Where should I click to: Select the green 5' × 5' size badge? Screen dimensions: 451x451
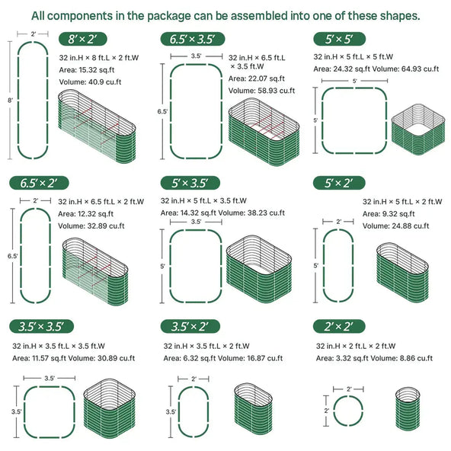tap(338, 39)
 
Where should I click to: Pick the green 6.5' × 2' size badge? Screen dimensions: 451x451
tap(39, 183)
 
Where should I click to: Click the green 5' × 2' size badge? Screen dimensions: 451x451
tap(338, 183)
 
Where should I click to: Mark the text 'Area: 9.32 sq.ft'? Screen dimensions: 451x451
tap(389, 215)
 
